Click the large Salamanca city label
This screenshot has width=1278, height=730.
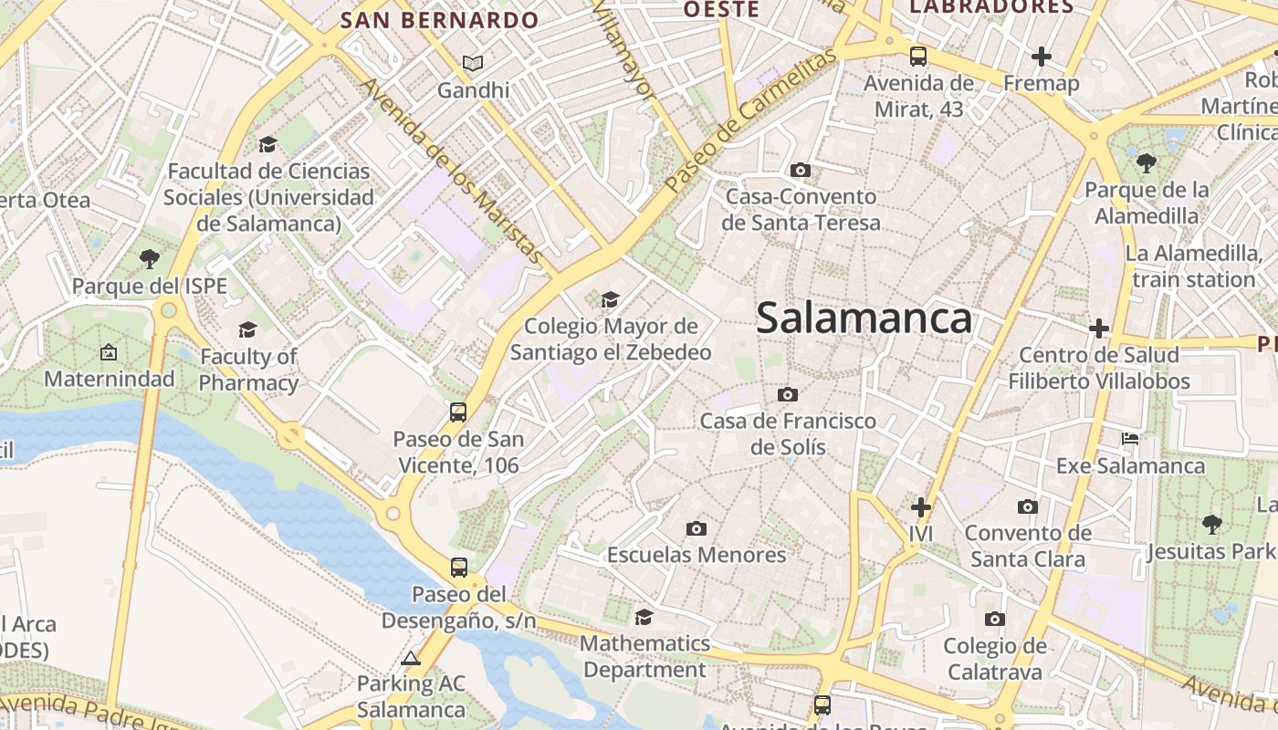[x=864, y=318]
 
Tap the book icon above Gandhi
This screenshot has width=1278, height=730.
[x=472, y=63]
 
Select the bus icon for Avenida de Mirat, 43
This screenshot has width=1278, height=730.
[x=918, y=57]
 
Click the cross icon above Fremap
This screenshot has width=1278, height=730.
[x=1041, y=57]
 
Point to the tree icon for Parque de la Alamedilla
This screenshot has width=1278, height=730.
[x=1147, y=163]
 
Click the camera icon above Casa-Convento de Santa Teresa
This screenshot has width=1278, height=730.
[x=801, y=170]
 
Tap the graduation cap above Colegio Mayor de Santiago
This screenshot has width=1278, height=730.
[x=610, y=299]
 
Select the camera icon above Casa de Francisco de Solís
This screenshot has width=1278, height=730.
[x=788, y=394]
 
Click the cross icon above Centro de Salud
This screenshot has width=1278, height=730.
[x=1099, y=328]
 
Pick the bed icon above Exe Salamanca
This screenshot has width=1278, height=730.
[x=1130, y=439]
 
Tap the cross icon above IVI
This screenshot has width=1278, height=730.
[x=921, y=506]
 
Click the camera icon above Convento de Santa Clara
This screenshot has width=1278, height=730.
[x=1028, y=506]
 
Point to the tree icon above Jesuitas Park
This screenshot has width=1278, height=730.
[x=1212, y=524]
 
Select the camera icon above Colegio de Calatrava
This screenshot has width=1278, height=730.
[x=995, y=620]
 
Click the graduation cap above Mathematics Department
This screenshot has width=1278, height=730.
[x=644, y=617]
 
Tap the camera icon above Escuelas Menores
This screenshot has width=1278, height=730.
[x=697, y=528]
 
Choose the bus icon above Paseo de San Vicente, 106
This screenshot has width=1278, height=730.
[x=458, y=412]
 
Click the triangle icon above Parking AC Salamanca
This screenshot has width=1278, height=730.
[x=411, y=658]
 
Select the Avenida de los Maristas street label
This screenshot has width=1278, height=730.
[x=453, y=174]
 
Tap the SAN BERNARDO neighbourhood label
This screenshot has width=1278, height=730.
[x=440, y=20]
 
